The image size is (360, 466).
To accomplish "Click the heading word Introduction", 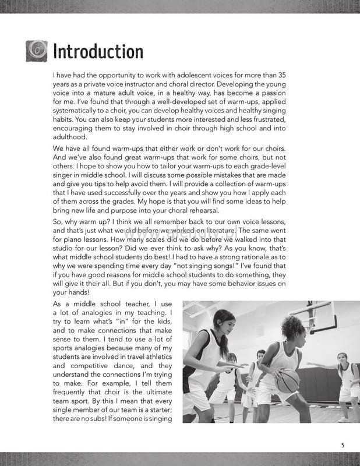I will click(x=97, y=51).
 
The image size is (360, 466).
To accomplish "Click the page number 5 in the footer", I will click(x=343, y=445).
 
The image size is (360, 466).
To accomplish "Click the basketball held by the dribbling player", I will click(x=287, y=382).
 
